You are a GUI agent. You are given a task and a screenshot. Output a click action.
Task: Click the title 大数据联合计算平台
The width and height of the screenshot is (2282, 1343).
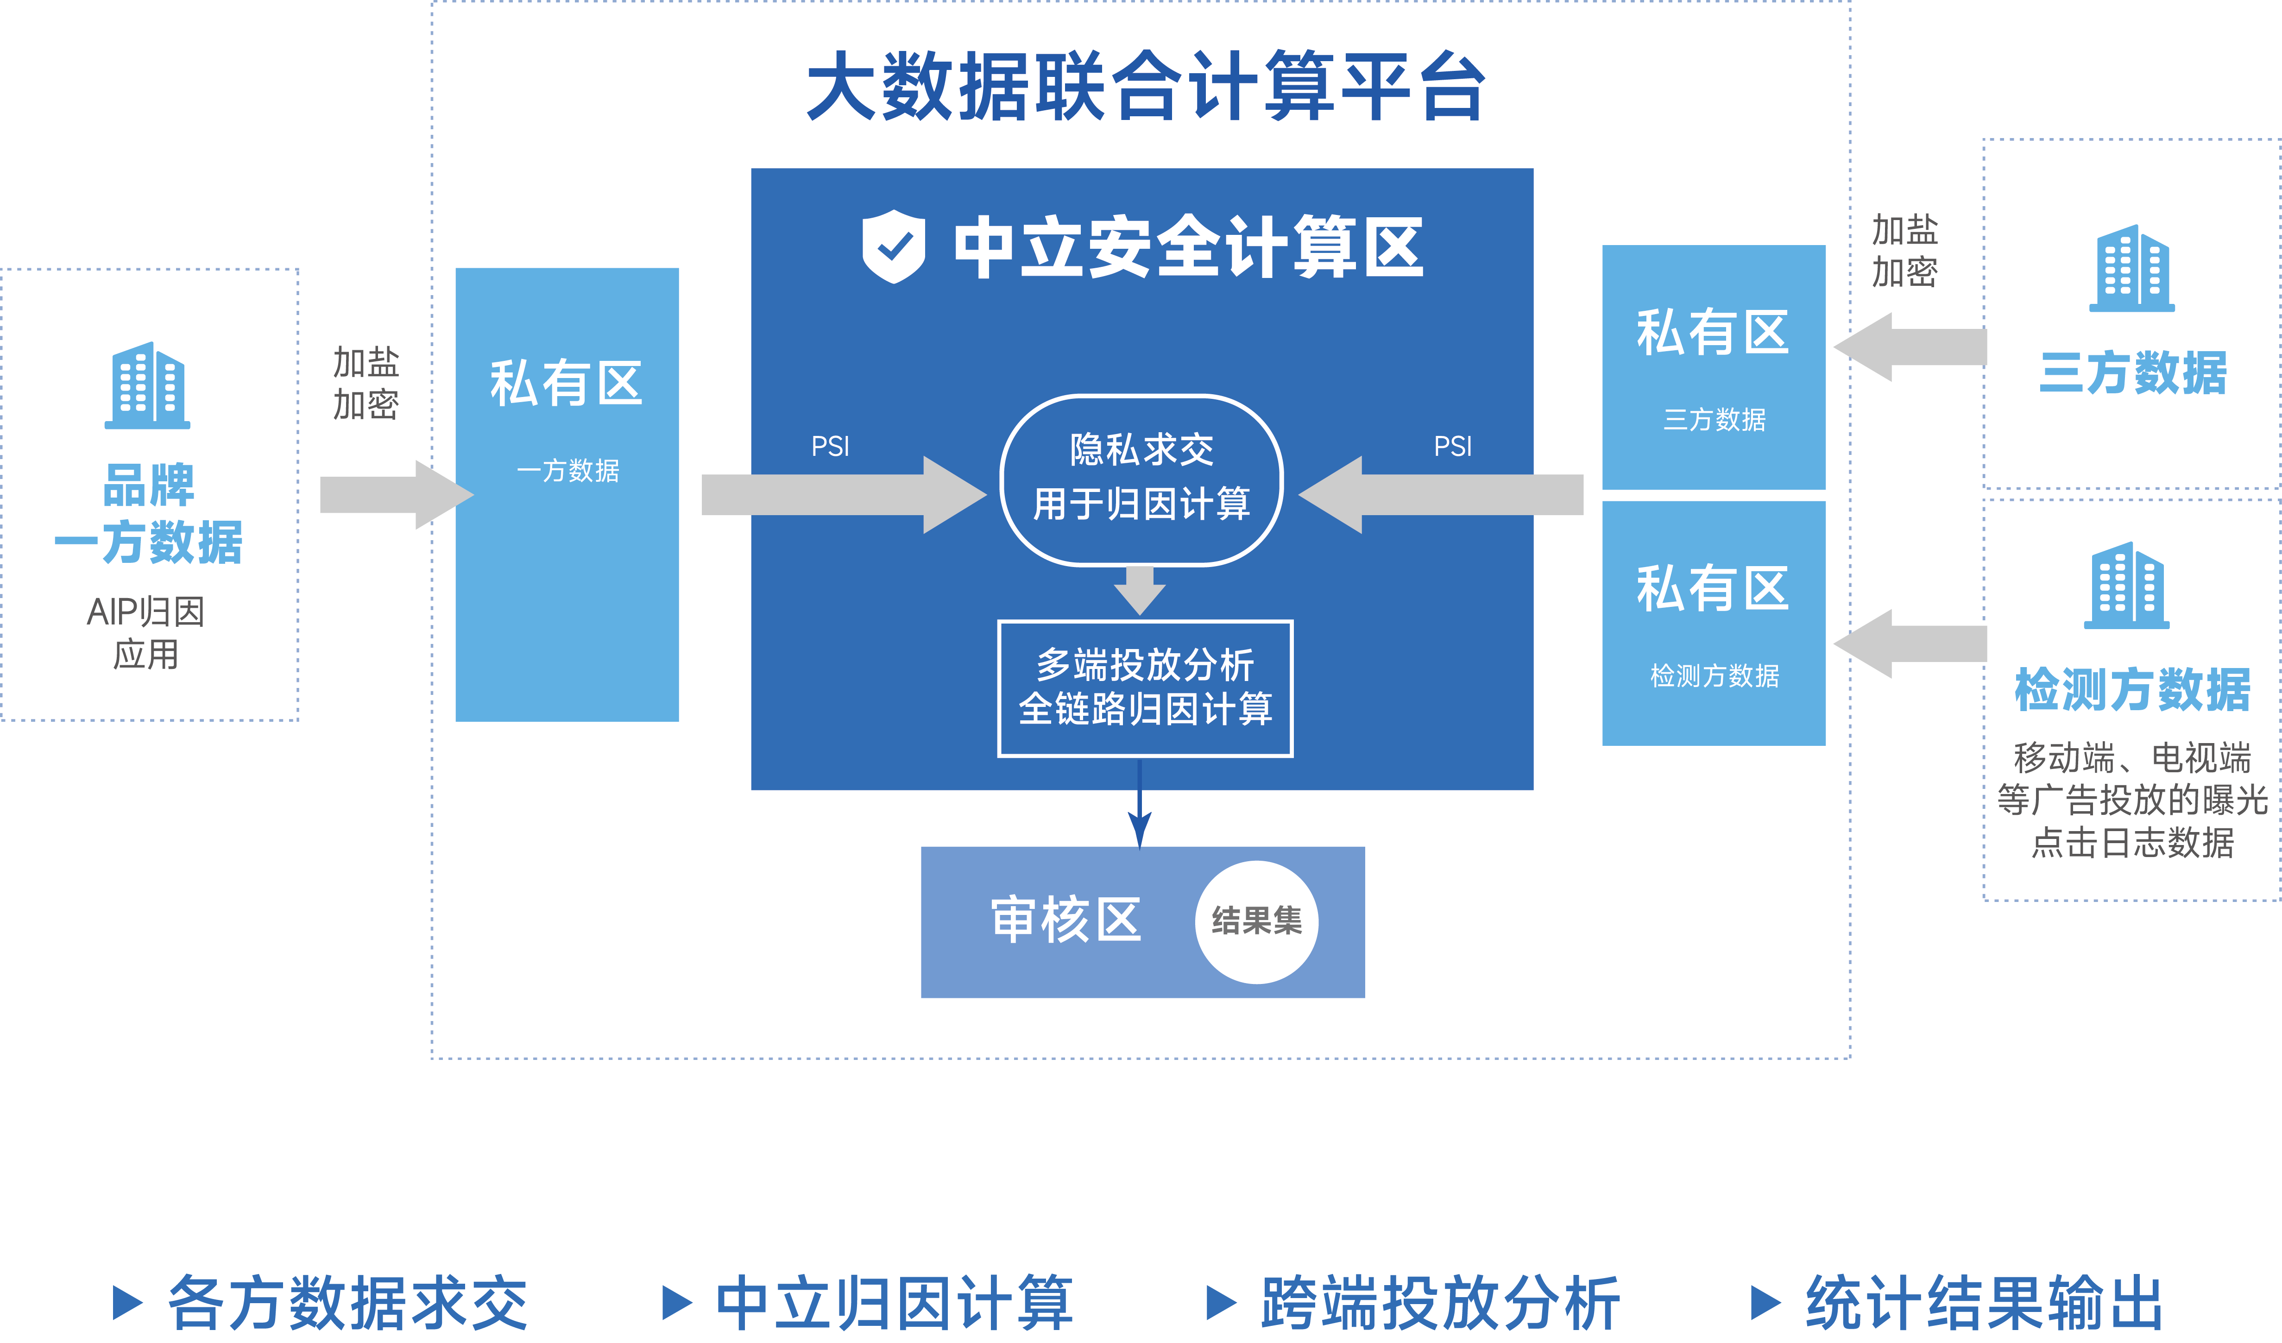click(x=1146, y=86)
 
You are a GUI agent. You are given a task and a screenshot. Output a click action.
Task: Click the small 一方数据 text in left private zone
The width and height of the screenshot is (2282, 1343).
click(x=568, y=471)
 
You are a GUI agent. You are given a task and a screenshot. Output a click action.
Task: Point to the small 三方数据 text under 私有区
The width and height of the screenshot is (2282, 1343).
click(x=1714, y=419)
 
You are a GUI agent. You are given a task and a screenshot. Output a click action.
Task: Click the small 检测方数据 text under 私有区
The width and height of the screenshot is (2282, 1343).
click(x=1714, y=675)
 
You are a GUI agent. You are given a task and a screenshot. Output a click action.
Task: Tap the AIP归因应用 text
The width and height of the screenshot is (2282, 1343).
click(x=146, y=632)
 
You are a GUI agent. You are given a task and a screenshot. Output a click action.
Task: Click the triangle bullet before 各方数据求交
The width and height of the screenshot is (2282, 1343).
click(x=127, y=1302)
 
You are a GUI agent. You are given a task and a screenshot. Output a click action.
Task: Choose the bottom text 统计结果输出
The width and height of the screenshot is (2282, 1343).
click(x=1983, y=1302)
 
